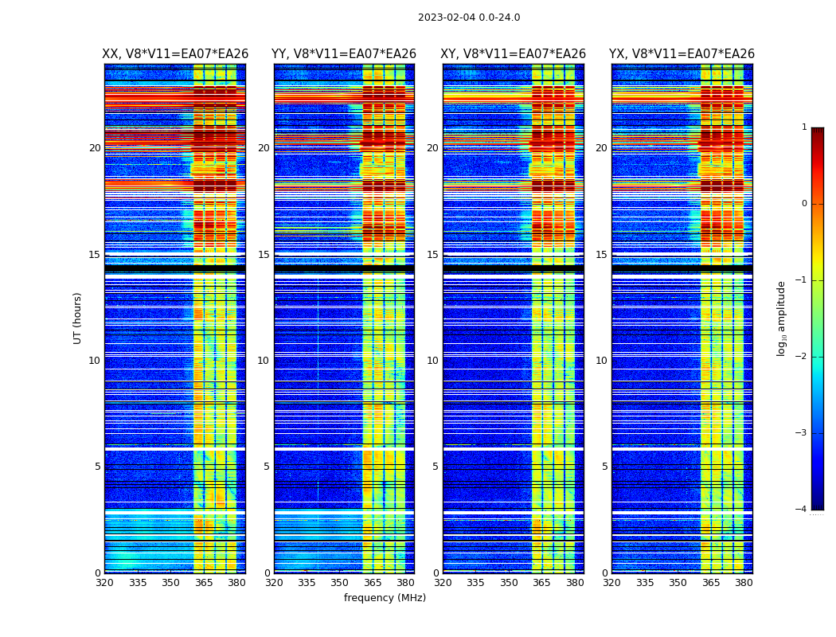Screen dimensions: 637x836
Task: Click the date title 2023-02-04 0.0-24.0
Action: tap(469, 18)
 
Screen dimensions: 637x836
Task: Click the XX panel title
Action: tap(175, 54)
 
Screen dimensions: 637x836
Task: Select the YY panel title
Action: tap(344, 54)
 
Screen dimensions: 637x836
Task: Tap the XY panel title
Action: tap(514, 54)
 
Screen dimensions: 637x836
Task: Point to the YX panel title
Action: tap(682, 54)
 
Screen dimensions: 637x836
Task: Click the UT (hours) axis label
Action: tap(78, 318)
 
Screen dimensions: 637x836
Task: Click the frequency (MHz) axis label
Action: tap(385, 598)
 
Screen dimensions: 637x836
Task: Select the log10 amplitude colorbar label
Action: tap(781, 318)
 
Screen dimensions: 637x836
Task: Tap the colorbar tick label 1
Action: tap(804, 127)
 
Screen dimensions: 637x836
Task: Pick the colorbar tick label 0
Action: tap(804, 204)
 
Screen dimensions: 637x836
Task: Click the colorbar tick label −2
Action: tap(802, 357)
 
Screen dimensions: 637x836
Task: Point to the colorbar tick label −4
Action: tap(802, 510)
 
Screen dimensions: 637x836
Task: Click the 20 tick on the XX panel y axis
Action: tap(95, 148)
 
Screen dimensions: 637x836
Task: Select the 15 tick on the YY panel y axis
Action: tap(264, 255)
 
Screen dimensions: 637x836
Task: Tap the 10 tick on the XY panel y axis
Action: tap(433, 361)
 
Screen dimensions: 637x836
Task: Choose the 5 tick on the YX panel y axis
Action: tap(605, 467)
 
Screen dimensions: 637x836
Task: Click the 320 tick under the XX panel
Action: tap(104, 583)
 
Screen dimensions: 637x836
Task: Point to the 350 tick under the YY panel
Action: tap(340, 583)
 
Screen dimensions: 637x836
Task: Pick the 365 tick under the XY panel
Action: tap(541, 583)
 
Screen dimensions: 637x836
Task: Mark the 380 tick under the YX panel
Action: tap(744, 583)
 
